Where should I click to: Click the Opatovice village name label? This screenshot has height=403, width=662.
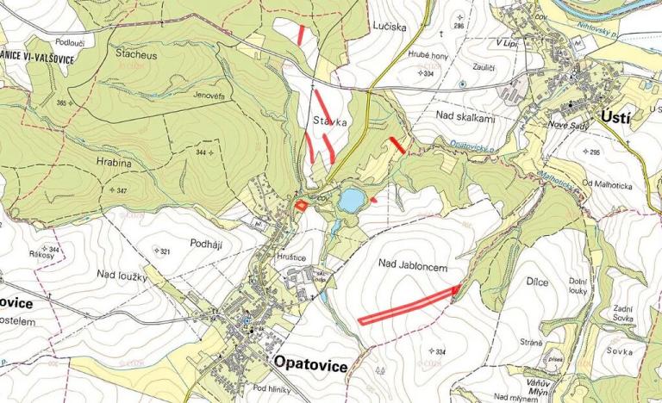(311, 366)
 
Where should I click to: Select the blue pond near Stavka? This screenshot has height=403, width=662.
(351, 201)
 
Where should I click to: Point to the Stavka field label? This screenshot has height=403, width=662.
(330, 122)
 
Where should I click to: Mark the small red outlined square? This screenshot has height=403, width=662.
(301, 205)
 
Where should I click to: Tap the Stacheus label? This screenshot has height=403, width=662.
(136, 53)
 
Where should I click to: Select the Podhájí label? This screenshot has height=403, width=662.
(206, 245)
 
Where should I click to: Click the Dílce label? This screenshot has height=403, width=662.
(538, 282)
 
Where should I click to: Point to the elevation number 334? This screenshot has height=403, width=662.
(440, 352)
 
